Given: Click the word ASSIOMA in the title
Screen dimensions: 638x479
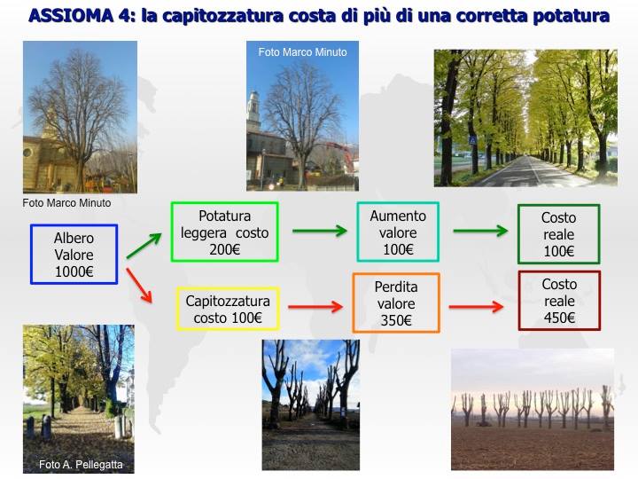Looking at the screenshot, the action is coord(71,16).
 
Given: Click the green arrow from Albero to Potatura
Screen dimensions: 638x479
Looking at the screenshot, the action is coord(144,246).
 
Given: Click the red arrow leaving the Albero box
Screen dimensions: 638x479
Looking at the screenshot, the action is coord(139,285).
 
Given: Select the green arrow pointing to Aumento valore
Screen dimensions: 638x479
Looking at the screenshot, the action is coord(320,231).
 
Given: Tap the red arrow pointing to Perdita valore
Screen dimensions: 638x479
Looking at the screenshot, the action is coord(315,307).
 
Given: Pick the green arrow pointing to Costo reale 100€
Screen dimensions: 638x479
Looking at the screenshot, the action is coord(480,231).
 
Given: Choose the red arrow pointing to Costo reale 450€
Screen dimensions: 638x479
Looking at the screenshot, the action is coord(476,307).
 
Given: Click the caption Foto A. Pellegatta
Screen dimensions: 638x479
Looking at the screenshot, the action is coord(81,464).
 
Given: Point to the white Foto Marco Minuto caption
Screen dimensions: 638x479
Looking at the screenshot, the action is coord(302,52).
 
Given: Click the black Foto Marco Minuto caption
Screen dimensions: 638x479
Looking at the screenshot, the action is coord(66,203).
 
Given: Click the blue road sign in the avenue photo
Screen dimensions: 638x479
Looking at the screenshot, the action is coord(472,140).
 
